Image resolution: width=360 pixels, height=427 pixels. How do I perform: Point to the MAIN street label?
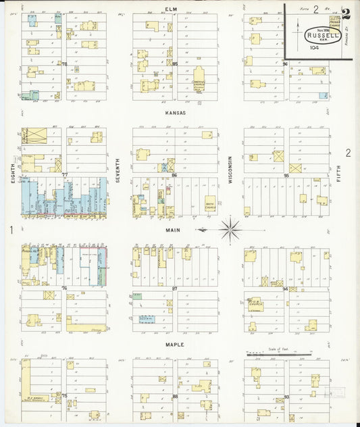pos(174,230)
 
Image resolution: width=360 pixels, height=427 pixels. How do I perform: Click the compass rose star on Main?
pos(230,230)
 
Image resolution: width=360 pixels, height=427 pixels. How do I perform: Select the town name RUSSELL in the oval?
pos(317,36)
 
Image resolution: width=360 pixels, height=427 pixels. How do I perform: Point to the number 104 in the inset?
pos(314,48)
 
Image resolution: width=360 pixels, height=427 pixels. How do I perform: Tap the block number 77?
pos(65,174)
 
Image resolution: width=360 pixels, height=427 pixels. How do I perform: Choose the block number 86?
pos(174,174)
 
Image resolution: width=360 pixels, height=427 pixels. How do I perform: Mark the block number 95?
pos(286,174)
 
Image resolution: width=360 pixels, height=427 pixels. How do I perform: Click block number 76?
pos(65,289)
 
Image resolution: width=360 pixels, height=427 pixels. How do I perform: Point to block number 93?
pos(286,396)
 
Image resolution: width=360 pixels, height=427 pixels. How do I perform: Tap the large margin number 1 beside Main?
pos(11,230)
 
